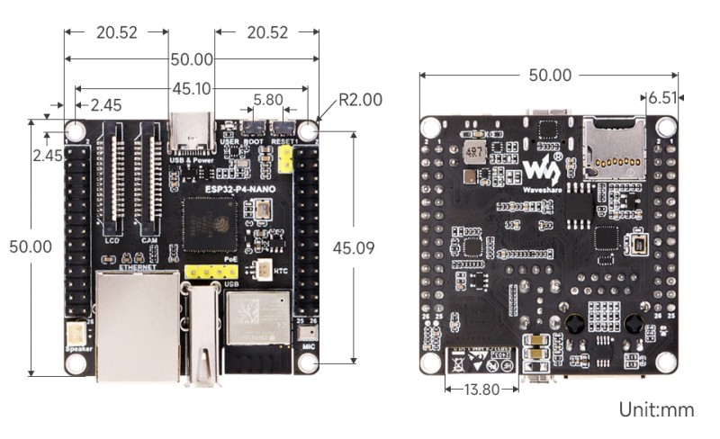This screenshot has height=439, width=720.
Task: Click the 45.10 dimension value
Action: (191, 88)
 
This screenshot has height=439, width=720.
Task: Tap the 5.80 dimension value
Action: (267, 100)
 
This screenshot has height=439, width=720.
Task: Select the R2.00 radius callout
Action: (360, 99)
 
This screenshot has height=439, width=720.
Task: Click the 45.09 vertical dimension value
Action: (353, 247)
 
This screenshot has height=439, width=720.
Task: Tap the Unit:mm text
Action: (656, 410)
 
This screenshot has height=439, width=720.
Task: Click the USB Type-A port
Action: (202, 333)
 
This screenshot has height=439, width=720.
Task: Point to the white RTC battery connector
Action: (265, 268)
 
